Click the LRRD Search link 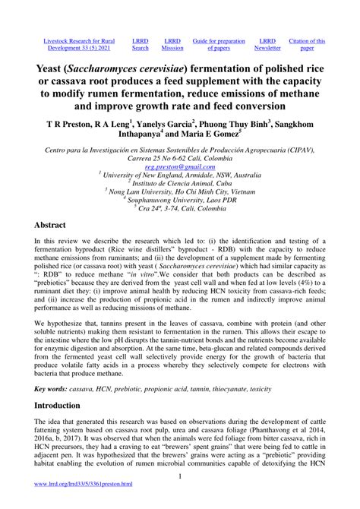(x=141, y=45)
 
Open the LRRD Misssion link (x=172, y=45)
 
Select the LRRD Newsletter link (x=267, y=45)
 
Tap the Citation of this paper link (x=307, y=45)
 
